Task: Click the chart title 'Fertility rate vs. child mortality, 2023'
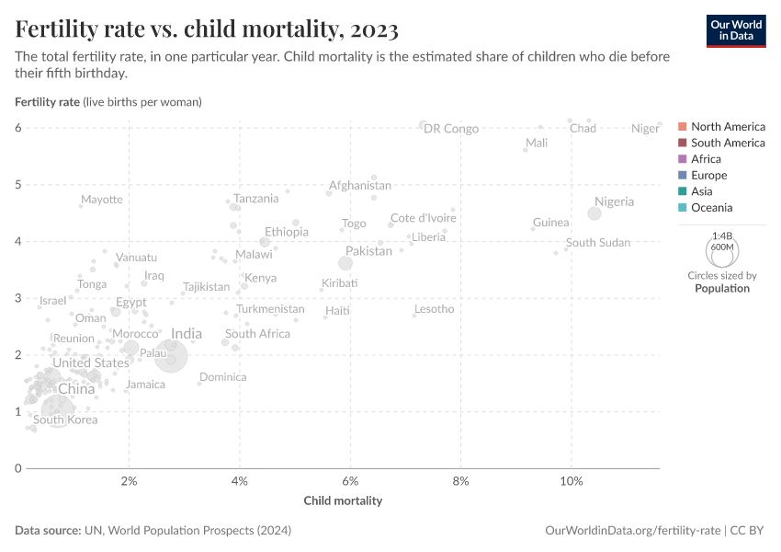207,29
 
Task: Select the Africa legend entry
707,159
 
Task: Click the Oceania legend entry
711,208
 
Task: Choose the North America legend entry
728,126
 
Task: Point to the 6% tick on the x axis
350,481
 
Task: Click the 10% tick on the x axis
572,481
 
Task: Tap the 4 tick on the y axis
17,241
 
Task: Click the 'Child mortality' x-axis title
343,501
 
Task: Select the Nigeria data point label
614,201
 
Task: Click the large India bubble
171,356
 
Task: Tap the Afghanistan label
360,185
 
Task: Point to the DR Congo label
451,129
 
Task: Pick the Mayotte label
101,200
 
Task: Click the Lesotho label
434,309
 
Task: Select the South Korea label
65,420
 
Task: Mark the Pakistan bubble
345,263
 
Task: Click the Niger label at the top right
645,129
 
